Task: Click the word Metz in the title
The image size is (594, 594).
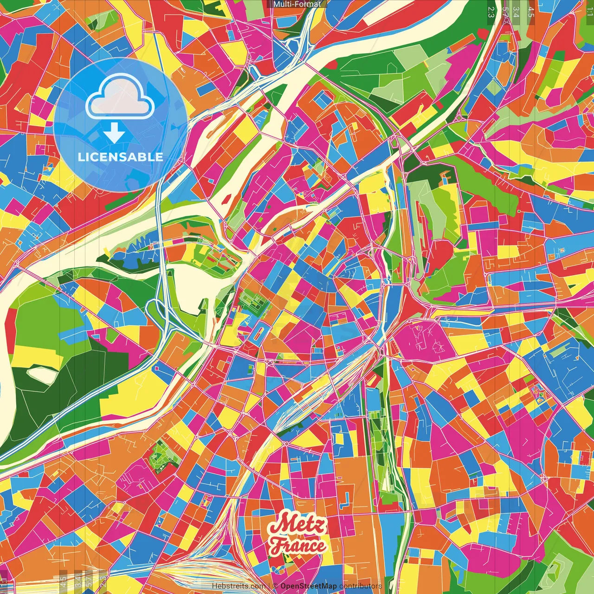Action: pyautogui.click(x=297, y=526)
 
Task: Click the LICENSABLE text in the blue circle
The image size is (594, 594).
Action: pyautogui.click(x=121, y=157)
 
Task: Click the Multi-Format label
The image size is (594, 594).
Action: pyautogui.click(x=297, y=4)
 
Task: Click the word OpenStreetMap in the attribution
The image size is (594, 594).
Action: pyautogui.click(x=309, y=586)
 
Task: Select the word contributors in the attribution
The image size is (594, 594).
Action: pyautogui.click(x=360, y=586)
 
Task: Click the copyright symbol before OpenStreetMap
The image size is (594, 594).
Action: pyautogui.click(x=275, y=586)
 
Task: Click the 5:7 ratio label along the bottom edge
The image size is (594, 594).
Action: pyautogui.click(x=89, y=580)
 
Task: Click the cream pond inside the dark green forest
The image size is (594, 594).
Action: pyautogui.click(x=43, y=374)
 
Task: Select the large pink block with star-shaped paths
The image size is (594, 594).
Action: pyautogui.click(x=425, y=339)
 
